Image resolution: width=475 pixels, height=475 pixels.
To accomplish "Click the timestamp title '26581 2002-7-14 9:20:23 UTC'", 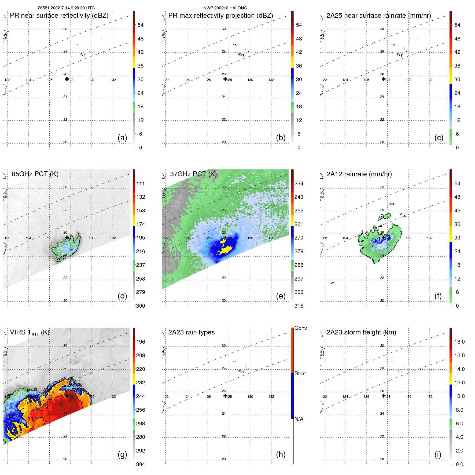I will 66,8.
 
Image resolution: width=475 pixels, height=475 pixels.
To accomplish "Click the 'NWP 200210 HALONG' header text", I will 225,8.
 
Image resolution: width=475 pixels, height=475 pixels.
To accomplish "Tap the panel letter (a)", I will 122,138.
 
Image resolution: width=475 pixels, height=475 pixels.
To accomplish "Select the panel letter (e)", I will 281,296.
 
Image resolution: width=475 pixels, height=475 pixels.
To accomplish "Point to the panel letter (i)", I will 438,454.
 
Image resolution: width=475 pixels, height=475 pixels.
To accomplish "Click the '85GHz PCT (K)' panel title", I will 35,174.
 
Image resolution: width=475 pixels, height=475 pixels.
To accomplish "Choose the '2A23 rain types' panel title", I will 191,332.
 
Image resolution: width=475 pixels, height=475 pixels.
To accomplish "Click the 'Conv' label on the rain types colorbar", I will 300,328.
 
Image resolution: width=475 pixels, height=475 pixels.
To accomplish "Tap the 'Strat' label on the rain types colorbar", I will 300,373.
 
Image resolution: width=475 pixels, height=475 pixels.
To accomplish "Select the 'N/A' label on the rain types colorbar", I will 299,419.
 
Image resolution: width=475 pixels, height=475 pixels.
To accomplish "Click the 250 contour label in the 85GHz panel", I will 62,258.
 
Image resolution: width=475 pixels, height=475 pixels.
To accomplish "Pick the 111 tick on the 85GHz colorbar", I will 141,183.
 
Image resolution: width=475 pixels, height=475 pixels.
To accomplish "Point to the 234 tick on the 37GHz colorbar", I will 299,183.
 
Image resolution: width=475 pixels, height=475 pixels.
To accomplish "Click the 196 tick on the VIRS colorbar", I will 141,342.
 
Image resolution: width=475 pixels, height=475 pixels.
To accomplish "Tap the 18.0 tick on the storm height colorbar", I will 459,342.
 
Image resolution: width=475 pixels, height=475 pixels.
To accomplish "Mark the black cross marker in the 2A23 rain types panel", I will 225,396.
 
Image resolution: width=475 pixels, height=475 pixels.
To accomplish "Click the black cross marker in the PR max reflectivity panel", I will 225,79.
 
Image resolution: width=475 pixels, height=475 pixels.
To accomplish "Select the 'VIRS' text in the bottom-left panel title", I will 18,332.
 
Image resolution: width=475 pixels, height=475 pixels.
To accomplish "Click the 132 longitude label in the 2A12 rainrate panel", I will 430,238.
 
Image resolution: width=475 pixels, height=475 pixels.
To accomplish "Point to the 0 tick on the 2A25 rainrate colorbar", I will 457,148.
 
